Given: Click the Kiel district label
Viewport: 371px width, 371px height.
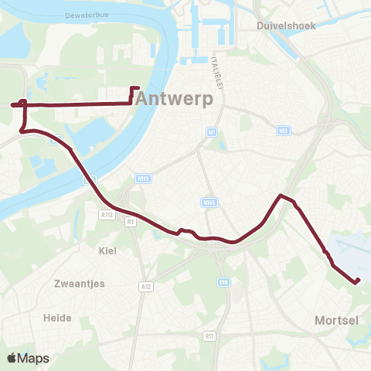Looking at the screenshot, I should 107,250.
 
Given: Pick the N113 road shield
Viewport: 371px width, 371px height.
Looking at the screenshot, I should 142,179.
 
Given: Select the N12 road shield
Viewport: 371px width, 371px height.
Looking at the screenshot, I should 284,131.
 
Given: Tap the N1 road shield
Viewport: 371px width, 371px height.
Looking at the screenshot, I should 210,132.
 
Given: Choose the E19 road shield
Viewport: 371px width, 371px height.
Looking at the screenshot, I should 222,281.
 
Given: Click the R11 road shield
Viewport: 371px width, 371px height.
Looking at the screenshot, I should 209,336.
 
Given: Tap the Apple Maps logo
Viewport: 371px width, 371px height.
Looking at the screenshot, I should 28,358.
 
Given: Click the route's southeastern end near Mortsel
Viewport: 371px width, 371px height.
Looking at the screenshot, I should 357,281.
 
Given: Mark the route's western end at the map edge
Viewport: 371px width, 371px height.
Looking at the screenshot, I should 12,104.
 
